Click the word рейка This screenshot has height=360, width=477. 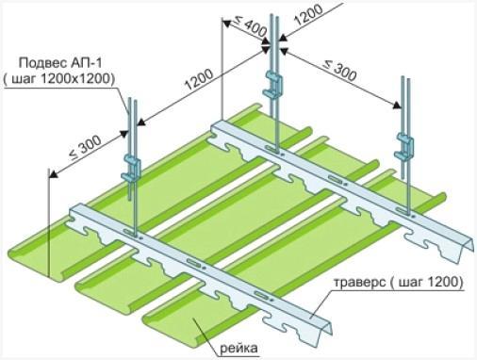coord(238,348)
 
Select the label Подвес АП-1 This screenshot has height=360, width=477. coord(60,63)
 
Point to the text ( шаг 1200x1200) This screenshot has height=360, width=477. coord(58,79)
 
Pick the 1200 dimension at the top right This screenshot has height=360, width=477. coord(308,15)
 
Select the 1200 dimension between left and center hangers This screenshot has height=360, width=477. coord(199,79)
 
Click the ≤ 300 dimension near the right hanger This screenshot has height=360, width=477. coord(340,71)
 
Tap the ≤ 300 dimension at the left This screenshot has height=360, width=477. coord(85,147)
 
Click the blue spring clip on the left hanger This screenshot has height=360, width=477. coord(131,167)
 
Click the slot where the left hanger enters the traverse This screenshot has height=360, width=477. coord(130,233)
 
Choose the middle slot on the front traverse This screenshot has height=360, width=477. coord(193,262)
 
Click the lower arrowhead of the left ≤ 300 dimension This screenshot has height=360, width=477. coord(54,173)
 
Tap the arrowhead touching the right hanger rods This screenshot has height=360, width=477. coord(397,106)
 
